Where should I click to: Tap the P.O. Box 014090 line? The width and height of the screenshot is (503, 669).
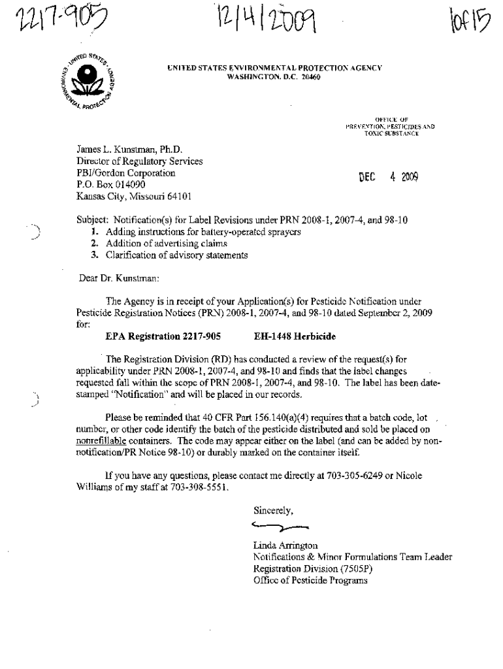tap(115, 184)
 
